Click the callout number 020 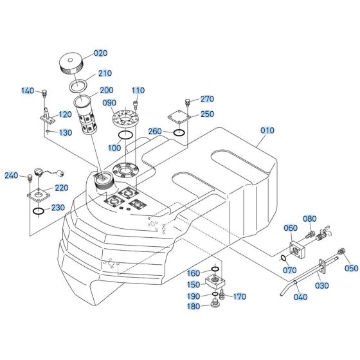pos(101,53)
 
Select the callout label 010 pos(267,130)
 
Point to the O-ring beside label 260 pos(180,133)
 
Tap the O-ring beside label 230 pos(39,211)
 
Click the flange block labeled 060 pos(296,248)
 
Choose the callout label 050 pos(351,268)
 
